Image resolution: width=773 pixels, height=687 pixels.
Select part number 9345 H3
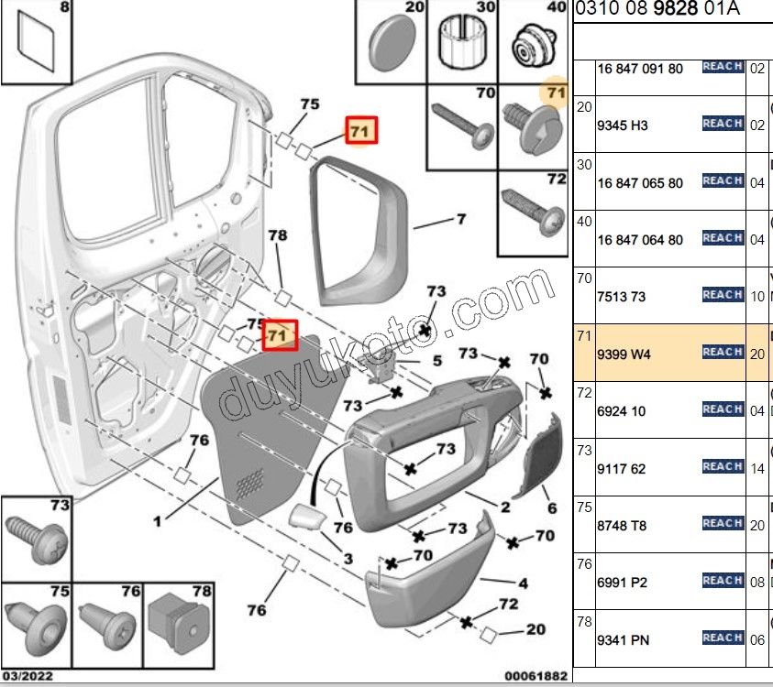coord(623,125)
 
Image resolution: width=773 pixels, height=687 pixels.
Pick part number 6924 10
coord(621,412)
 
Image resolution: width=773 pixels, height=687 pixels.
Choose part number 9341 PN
coord(623,640)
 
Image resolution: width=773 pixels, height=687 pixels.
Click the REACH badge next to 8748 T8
coord(723,523)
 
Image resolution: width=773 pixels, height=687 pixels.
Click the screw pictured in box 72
coord(532,212)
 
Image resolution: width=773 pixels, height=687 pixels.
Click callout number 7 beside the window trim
coord(461,220)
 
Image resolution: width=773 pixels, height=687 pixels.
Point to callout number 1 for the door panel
coord(158,521)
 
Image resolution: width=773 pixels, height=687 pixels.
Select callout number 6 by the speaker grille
coord(552,508)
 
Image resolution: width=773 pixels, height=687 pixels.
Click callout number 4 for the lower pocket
coord(523,583)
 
